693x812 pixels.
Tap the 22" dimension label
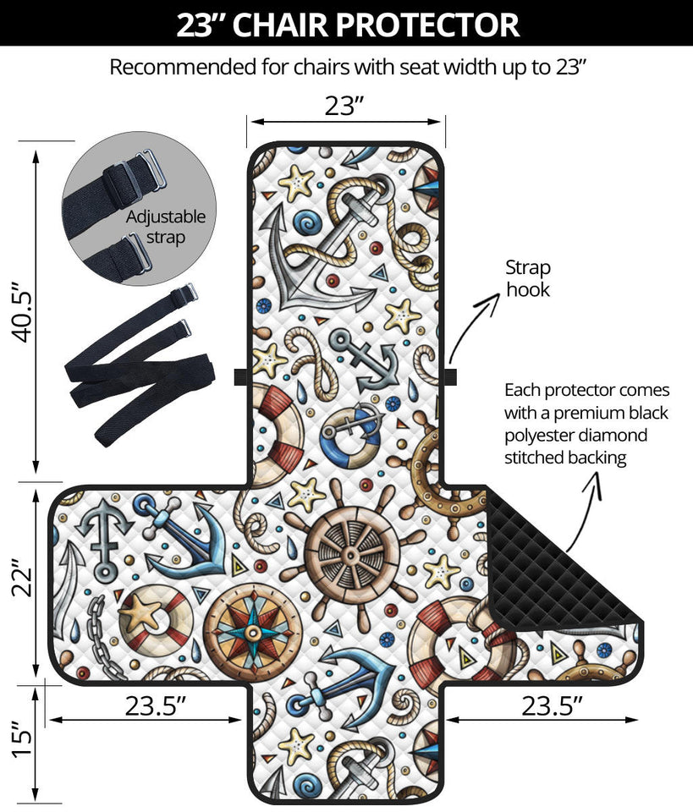click(23, 579)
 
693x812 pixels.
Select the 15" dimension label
click(23, 738)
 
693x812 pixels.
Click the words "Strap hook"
click(528, 278)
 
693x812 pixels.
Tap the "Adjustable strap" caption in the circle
click(165, 228)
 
